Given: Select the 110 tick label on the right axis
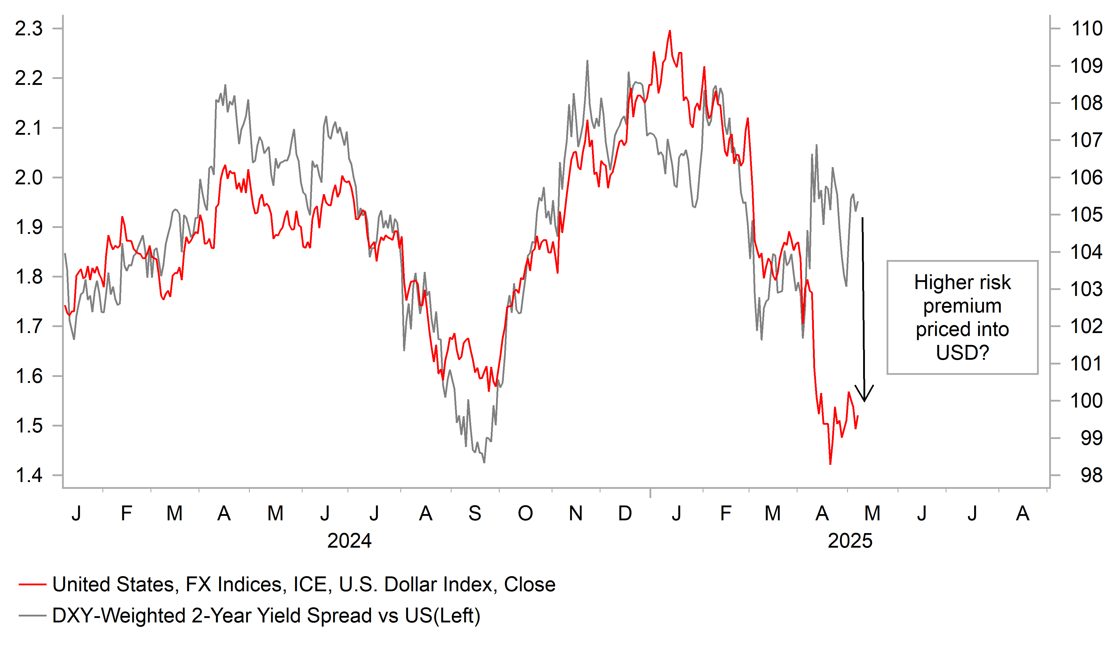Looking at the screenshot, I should [x=1087, y=29].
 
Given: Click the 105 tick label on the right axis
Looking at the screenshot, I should [x=1087, y=215].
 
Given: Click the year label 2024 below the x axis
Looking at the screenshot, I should [x=349, y=541].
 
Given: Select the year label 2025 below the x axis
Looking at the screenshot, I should [x=849, y=541].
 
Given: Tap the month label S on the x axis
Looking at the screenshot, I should [x=475, y=514].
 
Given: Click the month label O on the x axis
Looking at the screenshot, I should [x=525, y=514].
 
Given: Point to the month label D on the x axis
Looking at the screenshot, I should [x=625, y=514].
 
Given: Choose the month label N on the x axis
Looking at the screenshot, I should [x=575, y=514].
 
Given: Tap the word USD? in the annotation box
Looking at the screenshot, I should [x=962, y=353].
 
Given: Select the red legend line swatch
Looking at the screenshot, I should [x=32, y=585].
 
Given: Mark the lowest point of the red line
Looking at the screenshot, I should [x=830, y=464].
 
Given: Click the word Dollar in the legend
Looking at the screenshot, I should [x=411, y=585].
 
